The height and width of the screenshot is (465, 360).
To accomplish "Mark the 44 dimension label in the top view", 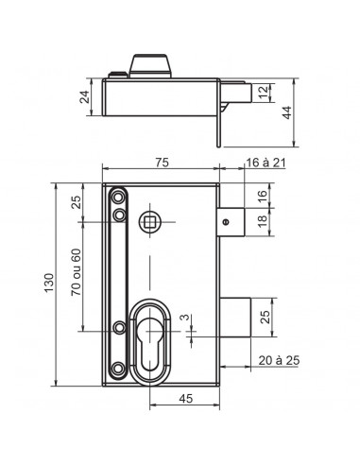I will point(285,111).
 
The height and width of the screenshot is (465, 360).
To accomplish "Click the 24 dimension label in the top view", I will point(85,96).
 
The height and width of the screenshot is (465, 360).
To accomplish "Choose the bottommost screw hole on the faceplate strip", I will point(118,366).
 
